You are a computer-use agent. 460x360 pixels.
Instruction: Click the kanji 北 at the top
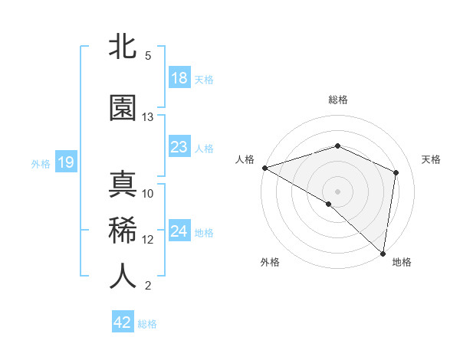pos(123,47)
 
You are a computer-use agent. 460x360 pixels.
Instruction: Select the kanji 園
pos(123,108)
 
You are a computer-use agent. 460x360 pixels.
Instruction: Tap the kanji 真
pos(123,185)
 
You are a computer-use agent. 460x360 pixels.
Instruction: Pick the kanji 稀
pos(123,231)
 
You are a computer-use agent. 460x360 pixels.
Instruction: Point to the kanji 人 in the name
pos(123,277)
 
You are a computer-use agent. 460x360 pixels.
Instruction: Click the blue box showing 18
pos(179,78)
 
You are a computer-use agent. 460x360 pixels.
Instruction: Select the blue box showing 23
pos(179,147)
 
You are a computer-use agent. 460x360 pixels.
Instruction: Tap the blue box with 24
pos(179,231)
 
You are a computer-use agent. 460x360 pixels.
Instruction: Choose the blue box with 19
pos(65,162)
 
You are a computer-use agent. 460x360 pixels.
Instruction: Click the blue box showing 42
pos(123,322)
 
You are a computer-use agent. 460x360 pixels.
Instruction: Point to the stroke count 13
pos(148,117)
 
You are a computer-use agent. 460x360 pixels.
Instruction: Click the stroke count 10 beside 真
pos(148,194)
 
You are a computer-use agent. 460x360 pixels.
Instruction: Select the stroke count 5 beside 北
pos(148,56)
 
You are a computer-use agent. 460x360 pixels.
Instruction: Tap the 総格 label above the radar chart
pos(337,100)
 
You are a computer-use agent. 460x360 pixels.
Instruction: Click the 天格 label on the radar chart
pos(432,159)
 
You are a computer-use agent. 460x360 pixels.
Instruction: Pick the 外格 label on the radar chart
pos(270,263)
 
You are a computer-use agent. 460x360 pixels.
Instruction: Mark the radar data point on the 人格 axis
pos(264,167)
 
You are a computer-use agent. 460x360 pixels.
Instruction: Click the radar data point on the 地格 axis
pos(383,253)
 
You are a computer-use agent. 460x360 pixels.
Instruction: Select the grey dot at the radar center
pos(337,191)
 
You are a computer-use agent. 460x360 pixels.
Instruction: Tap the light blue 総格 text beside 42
pos(147,324)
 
